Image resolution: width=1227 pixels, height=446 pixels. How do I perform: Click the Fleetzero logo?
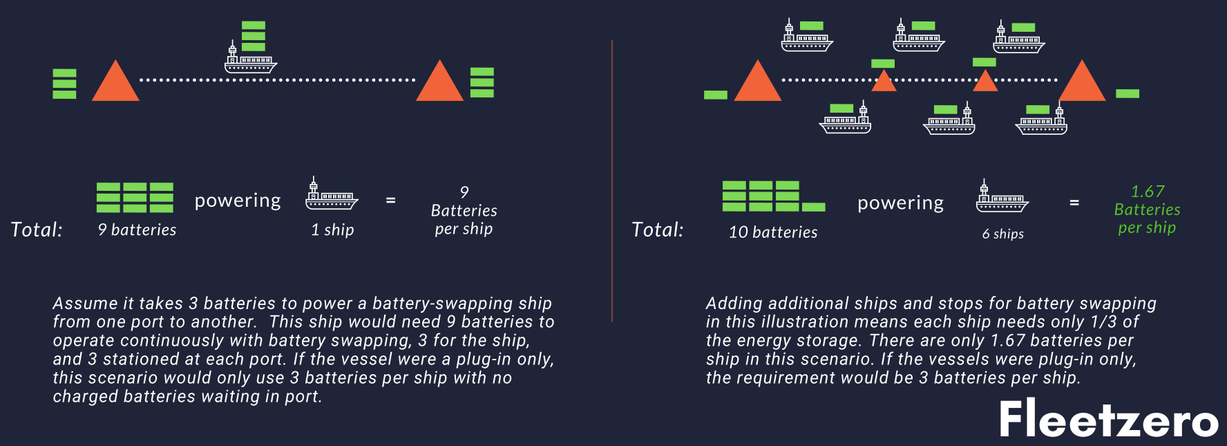1108,419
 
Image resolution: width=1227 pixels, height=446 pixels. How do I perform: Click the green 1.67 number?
1147,192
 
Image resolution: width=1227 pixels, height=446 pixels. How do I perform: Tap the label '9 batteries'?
137,230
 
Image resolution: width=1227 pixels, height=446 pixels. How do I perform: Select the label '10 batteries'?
773,232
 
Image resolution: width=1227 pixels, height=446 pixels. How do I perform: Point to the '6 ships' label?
1002,234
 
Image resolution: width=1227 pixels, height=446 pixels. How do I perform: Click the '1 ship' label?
332,230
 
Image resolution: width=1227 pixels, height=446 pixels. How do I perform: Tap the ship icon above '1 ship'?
332,194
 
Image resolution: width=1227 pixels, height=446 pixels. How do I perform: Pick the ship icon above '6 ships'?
1002,197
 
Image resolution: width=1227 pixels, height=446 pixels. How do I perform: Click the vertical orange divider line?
612,180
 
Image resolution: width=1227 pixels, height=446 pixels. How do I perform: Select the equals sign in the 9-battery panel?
390,201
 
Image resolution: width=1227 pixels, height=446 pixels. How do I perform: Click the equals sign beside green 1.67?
1074,203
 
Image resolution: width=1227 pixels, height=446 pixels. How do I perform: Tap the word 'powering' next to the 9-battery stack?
238,201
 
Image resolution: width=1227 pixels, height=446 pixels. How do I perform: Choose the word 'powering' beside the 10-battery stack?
900,203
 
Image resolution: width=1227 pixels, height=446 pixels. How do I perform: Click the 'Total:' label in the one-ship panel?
37,230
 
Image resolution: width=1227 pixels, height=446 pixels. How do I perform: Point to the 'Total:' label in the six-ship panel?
657,230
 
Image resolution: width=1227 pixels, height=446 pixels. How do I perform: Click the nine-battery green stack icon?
135,198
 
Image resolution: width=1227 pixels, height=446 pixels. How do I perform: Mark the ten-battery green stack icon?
772,196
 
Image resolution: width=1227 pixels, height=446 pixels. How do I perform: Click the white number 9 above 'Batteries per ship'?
464,192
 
